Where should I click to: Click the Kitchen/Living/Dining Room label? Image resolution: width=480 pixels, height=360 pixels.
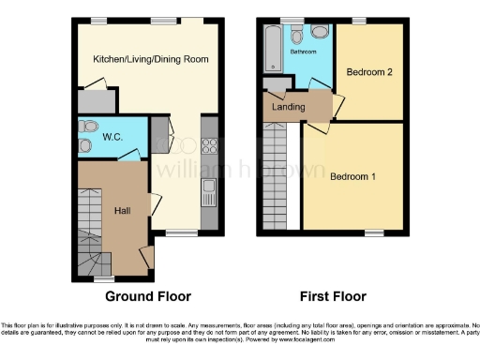pos(150,59)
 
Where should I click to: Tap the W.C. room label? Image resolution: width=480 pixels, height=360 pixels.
pos(113,137)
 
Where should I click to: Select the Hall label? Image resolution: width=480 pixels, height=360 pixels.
pos(122,211)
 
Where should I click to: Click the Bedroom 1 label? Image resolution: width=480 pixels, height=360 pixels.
pos(353,175)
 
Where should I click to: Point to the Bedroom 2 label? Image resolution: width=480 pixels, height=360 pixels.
pos(368,72)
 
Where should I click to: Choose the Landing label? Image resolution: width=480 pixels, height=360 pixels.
pos(289,107)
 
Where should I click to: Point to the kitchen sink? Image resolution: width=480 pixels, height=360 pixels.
pos(209,193)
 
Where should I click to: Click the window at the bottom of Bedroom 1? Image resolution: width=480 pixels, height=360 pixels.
pos(373,232)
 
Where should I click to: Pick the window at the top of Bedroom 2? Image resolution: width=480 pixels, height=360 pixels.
pos(358,21)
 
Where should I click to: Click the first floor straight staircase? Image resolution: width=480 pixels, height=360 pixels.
pos(277,178)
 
